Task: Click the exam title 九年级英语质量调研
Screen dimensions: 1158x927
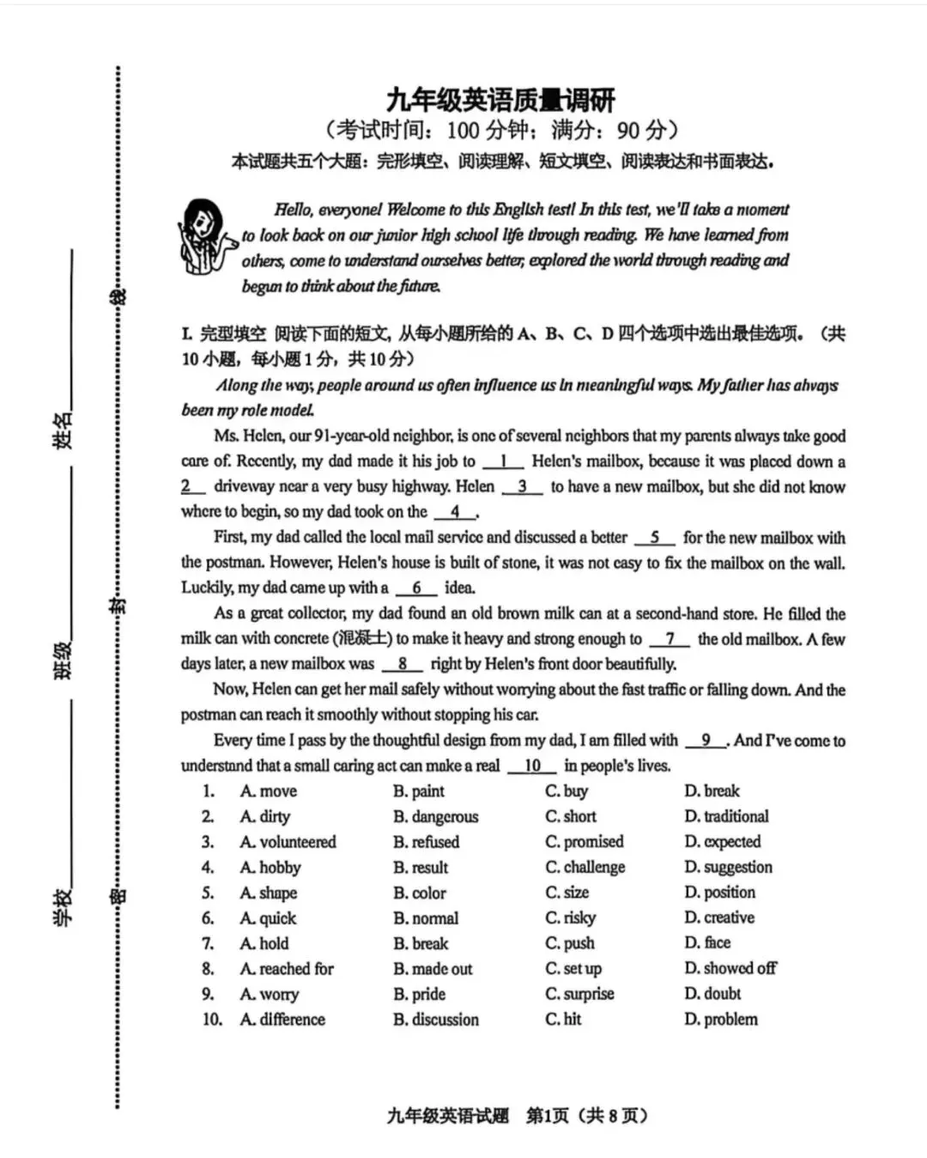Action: click(x=500, y=100)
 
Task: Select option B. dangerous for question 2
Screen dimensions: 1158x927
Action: click(x=435, y=816)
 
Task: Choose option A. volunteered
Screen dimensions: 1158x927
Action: click(x=288, y=842)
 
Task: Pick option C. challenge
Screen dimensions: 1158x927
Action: click(x=585, y=867)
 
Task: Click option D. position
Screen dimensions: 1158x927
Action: click(x=719, y=892)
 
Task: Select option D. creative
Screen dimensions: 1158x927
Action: click(x=719, y=917)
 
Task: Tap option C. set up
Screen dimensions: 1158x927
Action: click(x=573, y=968)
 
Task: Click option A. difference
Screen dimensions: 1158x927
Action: click(x=282, y=1020)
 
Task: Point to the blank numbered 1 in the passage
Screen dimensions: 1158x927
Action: click(x=503, y=461)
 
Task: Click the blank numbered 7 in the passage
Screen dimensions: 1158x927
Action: click(x=669, y=639)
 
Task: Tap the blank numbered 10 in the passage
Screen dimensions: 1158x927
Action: click(x=532, y=765)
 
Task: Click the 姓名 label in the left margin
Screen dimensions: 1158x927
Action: click(x=63, y=430)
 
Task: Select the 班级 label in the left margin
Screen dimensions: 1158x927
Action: click(x=63, y=661)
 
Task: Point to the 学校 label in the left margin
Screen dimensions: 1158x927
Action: click(x=63, y=906)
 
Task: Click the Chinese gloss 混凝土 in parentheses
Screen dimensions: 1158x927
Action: click(x=363, y=639)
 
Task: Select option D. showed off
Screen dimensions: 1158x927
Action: click(x=730, y=968)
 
